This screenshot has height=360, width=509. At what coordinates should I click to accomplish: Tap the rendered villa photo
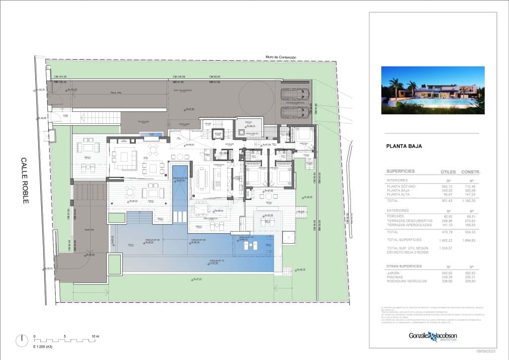click(432, 90)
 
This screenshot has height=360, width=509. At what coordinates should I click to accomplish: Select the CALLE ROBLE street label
click(24, 180)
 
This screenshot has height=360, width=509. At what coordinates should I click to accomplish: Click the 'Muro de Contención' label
click(281, 58)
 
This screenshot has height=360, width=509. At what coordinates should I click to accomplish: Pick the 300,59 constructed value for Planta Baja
click(470, 190)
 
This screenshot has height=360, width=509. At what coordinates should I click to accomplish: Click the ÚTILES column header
click(448, 172)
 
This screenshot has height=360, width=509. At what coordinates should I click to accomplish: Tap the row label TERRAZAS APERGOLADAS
click(409, 225)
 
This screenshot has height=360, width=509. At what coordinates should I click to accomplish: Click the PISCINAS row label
click(396, 277)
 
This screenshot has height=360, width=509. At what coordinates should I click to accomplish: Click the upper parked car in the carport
click(295, 94)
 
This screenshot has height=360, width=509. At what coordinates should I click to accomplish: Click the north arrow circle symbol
click(22, 341)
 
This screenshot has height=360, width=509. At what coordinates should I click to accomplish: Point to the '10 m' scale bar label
click(94, 337)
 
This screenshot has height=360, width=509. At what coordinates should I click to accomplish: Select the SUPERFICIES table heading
click(401, 172)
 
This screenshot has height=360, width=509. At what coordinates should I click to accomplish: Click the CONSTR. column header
click(471, 172)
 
